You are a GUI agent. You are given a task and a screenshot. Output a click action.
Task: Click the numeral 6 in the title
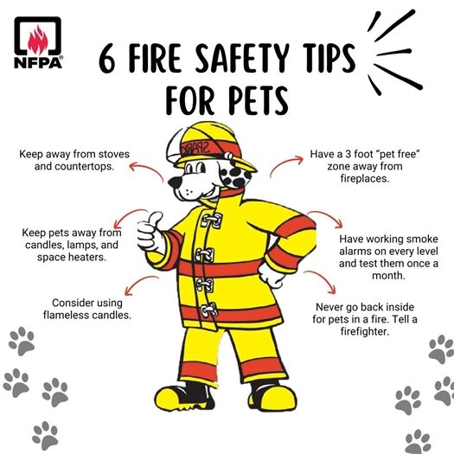click(109, 61)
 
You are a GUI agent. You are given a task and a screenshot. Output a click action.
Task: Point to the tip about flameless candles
click(92, 309)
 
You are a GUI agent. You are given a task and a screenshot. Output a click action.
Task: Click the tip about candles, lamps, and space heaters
click(73, 245)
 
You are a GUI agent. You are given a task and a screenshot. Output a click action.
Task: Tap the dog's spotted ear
click(231, 179)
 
